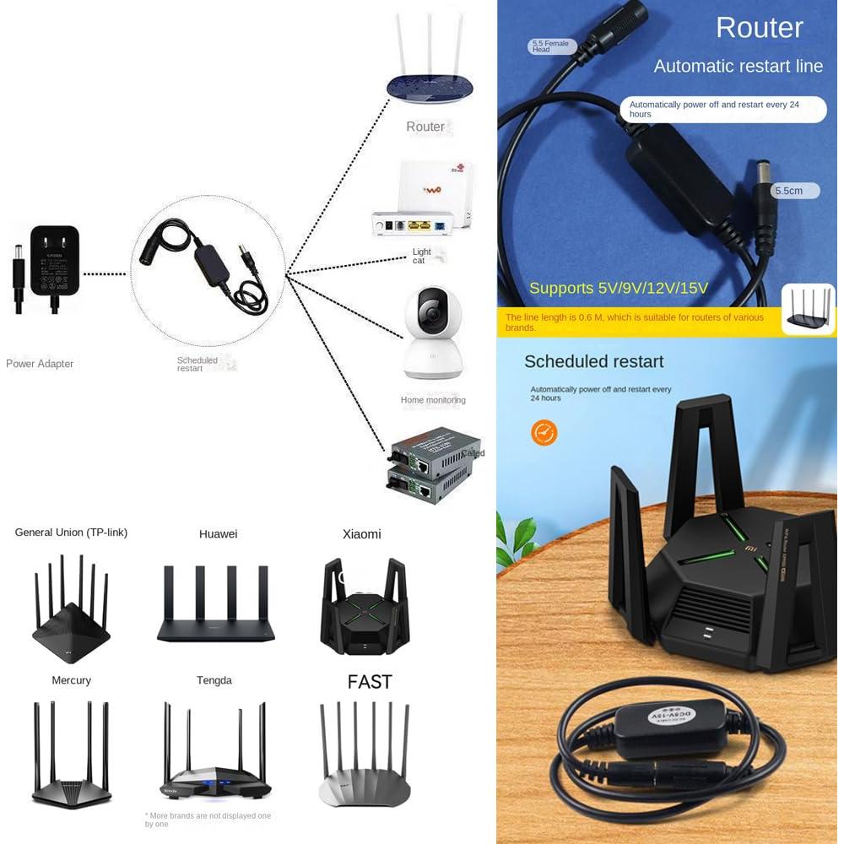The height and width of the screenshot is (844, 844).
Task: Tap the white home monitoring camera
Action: (432, 333)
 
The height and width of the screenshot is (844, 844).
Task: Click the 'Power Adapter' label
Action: (40, 364)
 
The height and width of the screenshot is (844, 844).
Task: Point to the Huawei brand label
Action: (218, 533)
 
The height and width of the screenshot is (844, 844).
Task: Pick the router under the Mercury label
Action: (71, 755)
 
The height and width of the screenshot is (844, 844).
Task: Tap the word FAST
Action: (370, 682)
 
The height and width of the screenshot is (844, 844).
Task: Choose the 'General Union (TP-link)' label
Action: (71, 533)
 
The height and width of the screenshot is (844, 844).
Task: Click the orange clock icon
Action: (544, 433)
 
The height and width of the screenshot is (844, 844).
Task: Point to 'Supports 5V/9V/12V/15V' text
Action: (619, 289)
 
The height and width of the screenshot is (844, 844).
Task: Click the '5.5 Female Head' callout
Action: (552, 46)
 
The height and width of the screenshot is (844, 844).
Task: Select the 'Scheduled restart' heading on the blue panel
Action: (593, 361)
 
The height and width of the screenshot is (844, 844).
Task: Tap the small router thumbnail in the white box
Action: (808, 309)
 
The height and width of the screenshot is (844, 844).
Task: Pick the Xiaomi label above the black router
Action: (361, 533)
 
